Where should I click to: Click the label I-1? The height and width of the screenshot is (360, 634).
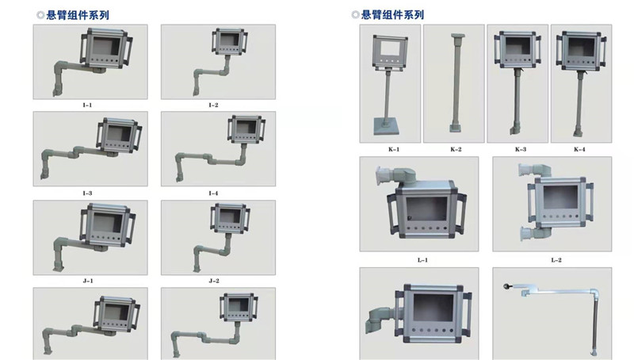pyautogui.click(x=87, y=105)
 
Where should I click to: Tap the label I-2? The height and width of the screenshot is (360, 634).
pyautogui.click(x=213, y=105)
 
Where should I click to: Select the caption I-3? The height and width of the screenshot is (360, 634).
pyautogui.click(x=87, y=193)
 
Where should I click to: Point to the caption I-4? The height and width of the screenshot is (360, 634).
pyautogui.click(x=213, y=193)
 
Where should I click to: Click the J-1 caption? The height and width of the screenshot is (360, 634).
pyautogui.click(x=88, y=281)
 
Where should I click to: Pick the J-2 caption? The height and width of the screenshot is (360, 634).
pyautogui.click(x=214, y=281)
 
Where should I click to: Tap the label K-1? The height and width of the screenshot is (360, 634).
pyautogui.click(x=394, y=149)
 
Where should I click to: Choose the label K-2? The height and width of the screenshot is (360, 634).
pyautogui.click(x=456, y=149)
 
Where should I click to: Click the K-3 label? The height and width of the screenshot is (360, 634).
pyautogui.click(x=521, y=149)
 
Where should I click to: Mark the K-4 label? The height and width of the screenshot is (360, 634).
pyautogui.click(x=579, y=149)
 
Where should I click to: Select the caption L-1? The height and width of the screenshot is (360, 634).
pyautogui.click(x=422, y=260)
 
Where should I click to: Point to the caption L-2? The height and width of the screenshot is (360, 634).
pyautogui.click(x=556, y=260)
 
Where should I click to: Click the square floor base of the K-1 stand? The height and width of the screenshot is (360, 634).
pyautogui.click(x=386, y=126)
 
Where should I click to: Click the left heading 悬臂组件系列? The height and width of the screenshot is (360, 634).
pyautogui.click(x=78, y=15)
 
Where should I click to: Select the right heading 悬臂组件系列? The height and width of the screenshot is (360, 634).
pyautogui.click(x=392, y=15)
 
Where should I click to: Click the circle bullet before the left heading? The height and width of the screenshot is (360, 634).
pyautogui.click(x=40, y=15)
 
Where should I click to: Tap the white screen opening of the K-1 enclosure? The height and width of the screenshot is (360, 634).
pyautogui.click(x=390, y=49)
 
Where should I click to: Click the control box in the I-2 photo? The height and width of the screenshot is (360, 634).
pyautogui.click(x=230, y=42)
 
